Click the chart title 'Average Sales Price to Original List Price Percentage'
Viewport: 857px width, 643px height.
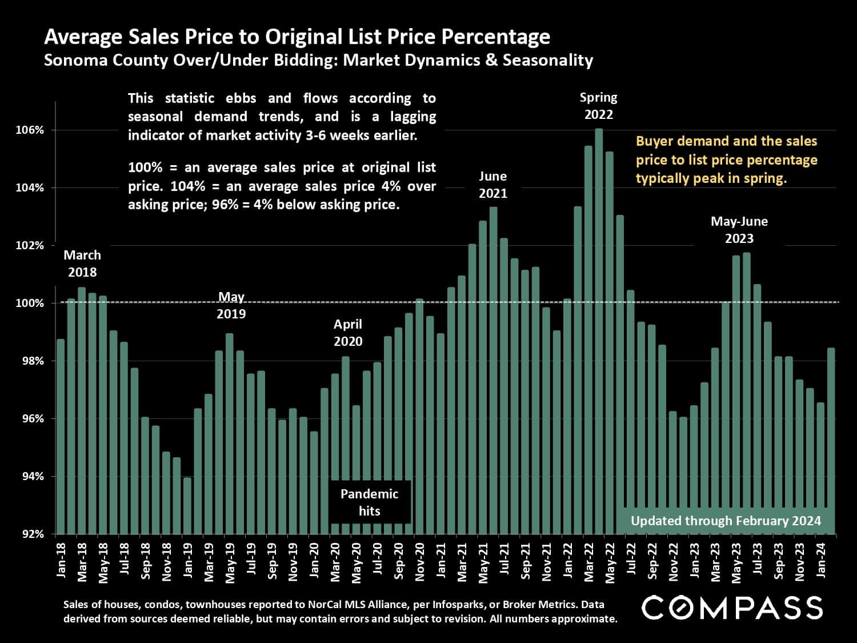click(x=297, y=37)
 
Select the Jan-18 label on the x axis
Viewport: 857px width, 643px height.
click(x=61, y=562)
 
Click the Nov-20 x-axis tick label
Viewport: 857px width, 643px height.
click(x=419, y=564)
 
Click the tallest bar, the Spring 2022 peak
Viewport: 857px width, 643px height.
click(x=599, y=332)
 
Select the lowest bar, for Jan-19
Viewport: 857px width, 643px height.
click(x=187, y=506)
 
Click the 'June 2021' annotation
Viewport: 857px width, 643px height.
click(x=492, y=185)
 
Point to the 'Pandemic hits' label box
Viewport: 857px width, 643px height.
click(x=370, y=502)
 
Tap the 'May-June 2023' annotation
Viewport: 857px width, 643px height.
click(x=739, y=230)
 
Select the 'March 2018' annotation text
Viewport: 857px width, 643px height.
click(x=82, y=263)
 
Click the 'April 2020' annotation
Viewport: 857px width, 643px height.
click(x=348, y=333)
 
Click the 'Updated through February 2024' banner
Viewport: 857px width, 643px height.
click(x=726, y=521)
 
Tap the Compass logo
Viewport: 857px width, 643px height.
click(x=732, y=608)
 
